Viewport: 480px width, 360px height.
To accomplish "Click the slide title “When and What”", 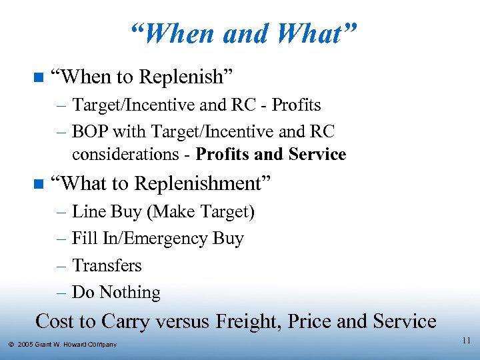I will point(244,33).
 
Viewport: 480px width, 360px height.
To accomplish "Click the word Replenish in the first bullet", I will point(185,77).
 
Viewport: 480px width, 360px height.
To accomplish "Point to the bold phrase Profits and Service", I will point(271,155).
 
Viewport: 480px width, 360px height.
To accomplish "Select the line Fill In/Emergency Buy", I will point(157,239).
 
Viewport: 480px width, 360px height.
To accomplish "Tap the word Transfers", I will point(107,265).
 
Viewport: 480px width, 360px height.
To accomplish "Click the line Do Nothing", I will point(116,293).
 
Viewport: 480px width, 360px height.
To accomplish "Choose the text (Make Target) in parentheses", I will point(201,212).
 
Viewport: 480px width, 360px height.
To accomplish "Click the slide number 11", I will point(466,341).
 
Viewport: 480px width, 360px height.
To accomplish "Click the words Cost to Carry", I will point(91,321).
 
